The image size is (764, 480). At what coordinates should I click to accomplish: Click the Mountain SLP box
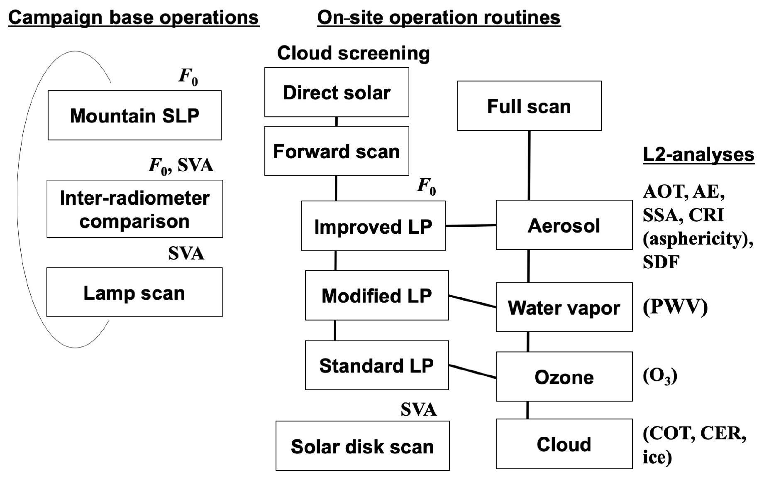tap(134, 115)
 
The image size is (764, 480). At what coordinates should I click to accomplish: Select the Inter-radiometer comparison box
tap(134, 209)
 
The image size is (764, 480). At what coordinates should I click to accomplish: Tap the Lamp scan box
tap(134, 292)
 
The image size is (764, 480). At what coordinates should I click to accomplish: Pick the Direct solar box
tap(337, 92)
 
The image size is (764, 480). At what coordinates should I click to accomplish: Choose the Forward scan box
tap(337, 151)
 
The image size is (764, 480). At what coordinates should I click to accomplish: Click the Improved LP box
tap(373, 226)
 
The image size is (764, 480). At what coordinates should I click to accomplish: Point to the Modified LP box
tap(376, 295)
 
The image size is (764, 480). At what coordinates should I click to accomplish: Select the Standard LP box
tap(376, 365)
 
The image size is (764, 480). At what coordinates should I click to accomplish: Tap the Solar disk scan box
tap(362, 446)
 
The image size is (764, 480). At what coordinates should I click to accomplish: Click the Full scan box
tap(529, 106)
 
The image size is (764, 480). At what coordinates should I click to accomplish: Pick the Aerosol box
tap(564, 225)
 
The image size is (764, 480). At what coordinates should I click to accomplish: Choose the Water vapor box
tap(564, 307)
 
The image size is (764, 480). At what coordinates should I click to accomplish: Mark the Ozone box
tap(564, 377)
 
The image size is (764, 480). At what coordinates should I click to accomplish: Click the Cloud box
tap(564, 444)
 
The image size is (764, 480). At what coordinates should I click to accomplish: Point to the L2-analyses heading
tap(698, 155)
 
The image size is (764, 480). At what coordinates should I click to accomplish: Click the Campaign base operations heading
tap(133, 18)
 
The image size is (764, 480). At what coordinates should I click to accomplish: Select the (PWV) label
tap(675, 307)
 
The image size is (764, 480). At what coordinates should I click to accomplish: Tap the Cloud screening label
tap(353, 53)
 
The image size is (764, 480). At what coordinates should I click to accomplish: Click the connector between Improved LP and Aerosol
tap(471, 225)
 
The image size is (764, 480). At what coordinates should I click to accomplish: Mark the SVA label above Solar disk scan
tap(418, 410)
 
